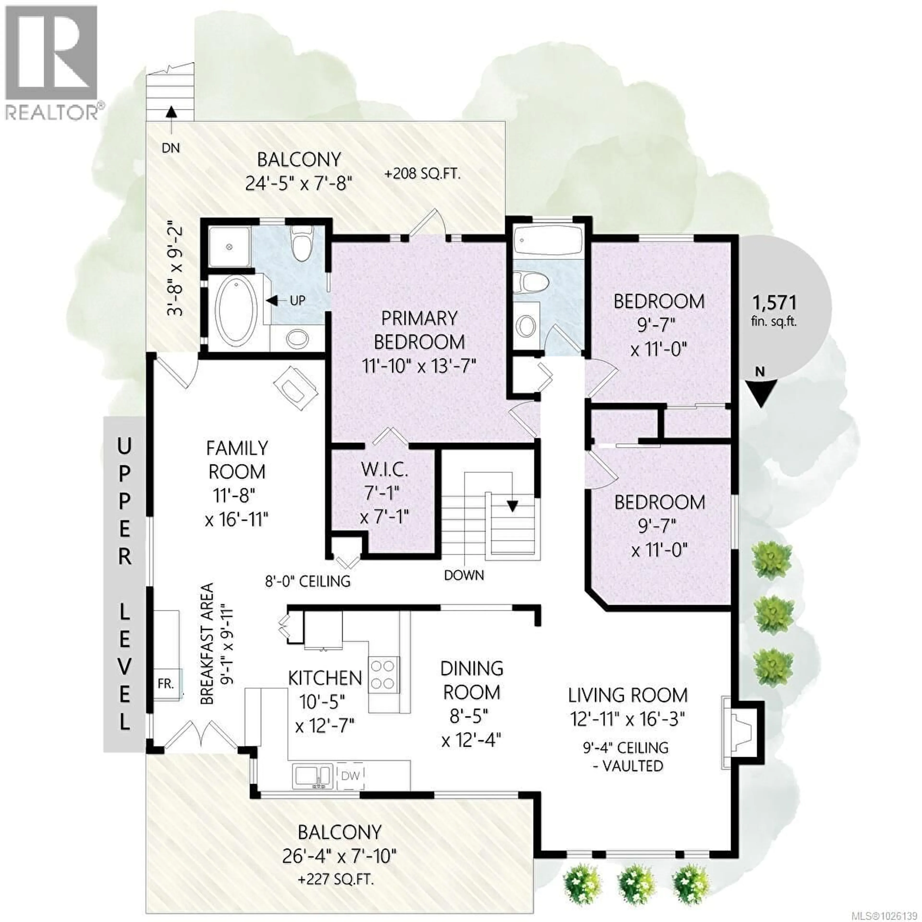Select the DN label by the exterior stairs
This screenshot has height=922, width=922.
point(170,148)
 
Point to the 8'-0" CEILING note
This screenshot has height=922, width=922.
point(308,581)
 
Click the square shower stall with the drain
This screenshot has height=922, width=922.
point(230,247)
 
